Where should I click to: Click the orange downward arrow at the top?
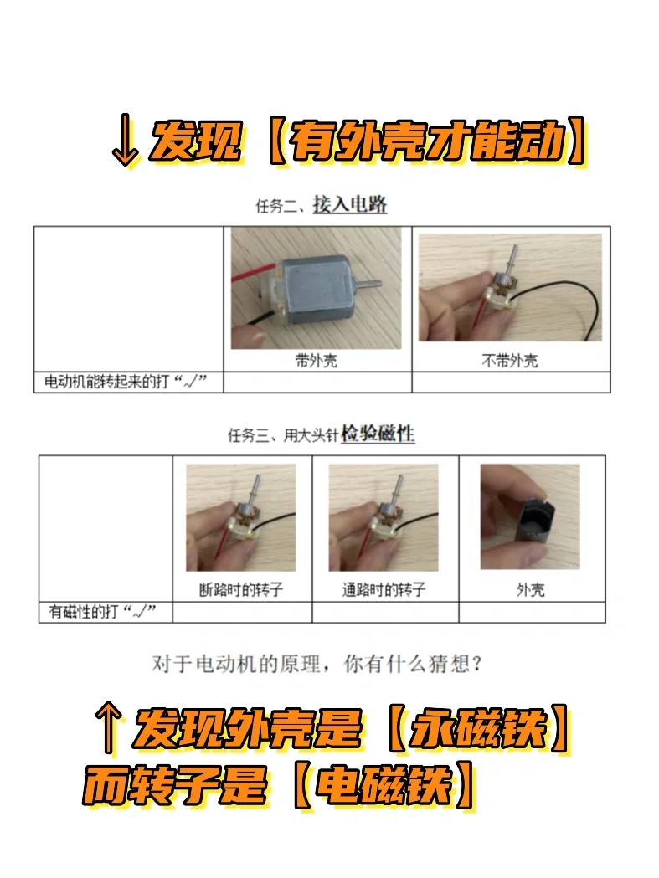(x=124, y=140)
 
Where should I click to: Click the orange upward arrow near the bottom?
(x=108, y=727)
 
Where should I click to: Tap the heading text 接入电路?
(x=350, y=204)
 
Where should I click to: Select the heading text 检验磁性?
(x=378, y=434)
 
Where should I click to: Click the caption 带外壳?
(x=317, y=361)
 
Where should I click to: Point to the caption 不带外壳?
(x=510, y=361)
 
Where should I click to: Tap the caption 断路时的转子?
(x=241, y=589)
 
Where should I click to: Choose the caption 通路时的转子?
(x=384, y=589)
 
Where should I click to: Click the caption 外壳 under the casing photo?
(x=531, y=589)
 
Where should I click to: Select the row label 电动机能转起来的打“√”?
(x=126, y=382)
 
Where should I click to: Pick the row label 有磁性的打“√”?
(x=102, y=612)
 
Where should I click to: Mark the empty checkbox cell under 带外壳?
(x=317, y=382)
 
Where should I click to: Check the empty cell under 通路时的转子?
(x=385, y=612)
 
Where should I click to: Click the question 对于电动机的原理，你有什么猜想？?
(x=317, y=664)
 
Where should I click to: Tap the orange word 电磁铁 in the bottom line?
(x=384, y=784)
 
